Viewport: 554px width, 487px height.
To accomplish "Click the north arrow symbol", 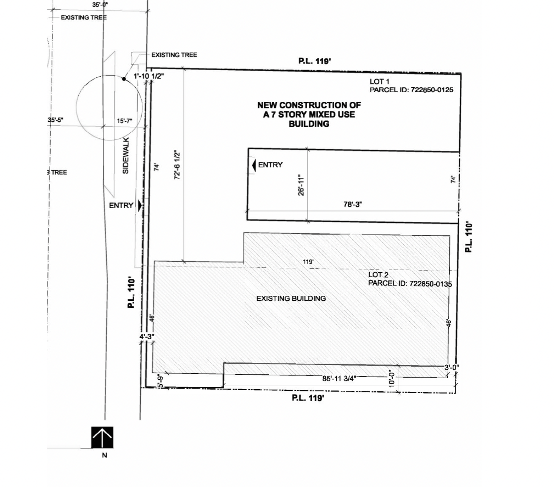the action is pyautogui.click(x=102, y=437).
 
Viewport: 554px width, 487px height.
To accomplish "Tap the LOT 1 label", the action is pyautogui.click(x=379, y=82).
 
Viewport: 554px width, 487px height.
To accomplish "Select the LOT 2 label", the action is pyautogui.click(x=378, y=275).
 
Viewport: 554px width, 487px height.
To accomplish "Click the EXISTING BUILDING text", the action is pyautogui.click(x=291, y=298).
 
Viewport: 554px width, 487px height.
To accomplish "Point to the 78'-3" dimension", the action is pyautogui.click(x=352, y=204).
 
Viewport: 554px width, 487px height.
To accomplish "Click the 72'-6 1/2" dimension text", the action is pyautogui.click(x=177, y=165).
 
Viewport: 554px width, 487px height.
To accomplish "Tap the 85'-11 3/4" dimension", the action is pyautogui.click(x=339, y=379).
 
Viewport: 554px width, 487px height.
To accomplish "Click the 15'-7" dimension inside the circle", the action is pyautogui.click(x=125, y=121).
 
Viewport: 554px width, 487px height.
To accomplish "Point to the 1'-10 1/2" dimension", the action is pyautogui.click(x=149, y=76).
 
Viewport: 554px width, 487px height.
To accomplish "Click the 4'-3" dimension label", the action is pyautogui.click(x=147, y=337).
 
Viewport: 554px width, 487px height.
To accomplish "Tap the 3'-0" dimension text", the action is pyautogui.click(x=451, y=368).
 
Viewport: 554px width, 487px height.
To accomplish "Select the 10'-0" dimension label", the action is pyautogui.click(x=391, y=379).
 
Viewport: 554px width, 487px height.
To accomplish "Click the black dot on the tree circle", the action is pyautogui.click(x=124, y=79).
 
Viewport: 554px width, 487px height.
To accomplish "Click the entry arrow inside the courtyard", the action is pyautogui.click(x=254, y=165).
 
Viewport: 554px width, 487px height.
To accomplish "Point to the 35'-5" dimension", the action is pyautogui.click(x=55, y=120).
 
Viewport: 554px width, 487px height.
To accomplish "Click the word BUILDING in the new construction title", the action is pyautogui.click(x=309, y=124).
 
